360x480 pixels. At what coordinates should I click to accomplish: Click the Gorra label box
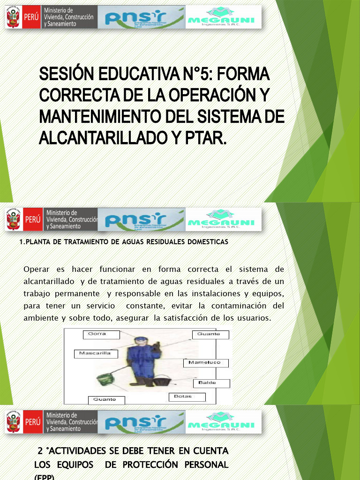coord(101,334)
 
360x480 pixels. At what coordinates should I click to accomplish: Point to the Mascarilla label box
coord(95,353)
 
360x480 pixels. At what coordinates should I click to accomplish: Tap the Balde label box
coord(211,383)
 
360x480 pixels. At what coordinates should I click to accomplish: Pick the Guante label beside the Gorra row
coord(210,334)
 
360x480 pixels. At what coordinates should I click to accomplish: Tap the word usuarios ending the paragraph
coord(255,318)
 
